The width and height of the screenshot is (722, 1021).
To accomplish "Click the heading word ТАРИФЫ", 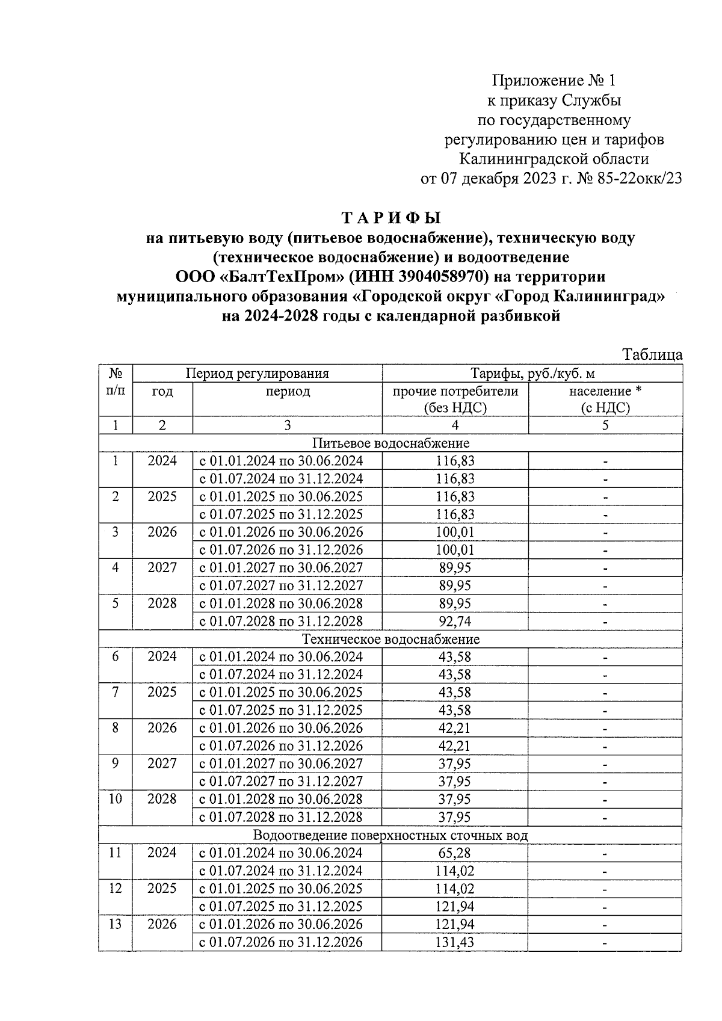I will click(x=391, y=217).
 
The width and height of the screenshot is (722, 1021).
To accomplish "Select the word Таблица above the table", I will click(x=653, y=354).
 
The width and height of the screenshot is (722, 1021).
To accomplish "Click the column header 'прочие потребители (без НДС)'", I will click(x=455, y=399).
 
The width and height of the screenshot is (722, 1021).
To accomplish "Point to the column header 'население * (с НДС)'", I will click(x=605, y=399).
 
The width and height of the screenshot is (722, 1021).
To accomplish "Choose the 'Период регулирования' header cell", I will click(x=257, y=373).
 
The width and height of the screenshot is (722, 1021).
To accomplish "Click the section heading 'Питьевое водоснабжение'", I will click(x=390, y=443).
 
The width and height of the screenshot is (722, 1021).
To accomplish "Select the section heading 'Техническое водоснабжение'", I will click(x=390, y=639).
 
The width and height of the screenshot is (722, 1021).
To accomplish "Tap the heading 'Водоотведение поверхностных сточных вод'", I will click(x=390, y=835).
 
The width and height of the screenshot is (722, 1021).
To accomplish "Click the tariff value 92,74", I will click(x=455, y=622).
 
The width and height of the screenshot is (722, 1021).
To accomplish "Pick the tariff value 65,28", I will click(x=455, y=853).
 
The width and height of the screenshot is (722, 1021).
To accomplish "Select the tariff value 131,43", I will click(x=455, y=942).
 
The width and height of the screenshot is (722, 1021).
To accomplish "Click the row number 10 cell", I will click(x=116, y=799).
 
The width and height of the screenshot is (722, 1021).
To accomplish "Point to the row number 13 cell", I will click(x=116, y=924).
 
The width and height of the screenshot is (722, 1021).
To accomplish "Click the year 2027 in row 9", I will click(x=162, y=763).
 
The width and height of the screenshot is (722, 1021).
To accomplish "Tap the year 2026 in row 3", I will click(x=162, y=532).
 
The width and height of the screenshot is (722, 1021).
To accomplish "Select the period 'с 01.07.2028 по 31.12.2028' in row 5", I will click(x=281, y=622).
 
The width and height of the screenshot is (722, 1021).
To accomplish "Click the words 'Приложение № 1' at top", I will click(x=554, y=80).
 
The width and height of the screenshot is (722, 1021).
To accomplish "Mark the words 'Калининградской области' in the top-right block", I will click(x=554, y=159).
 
